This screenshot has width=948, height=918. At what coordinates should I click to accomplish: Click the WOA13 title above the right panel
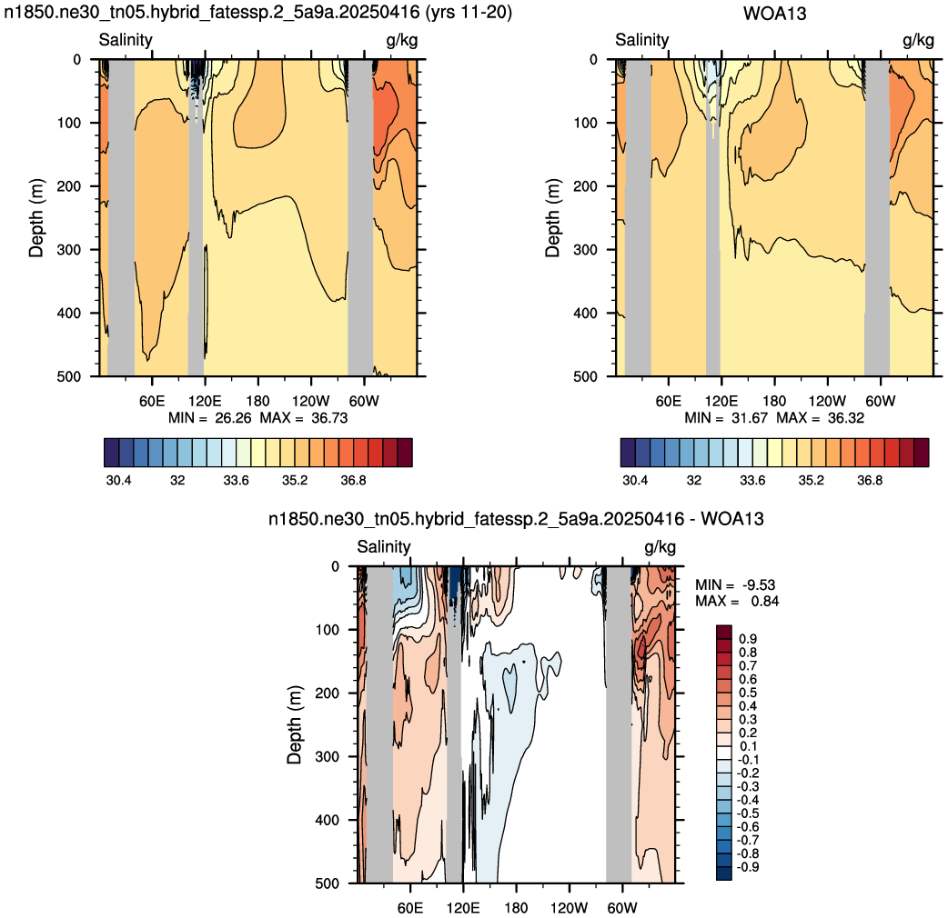(774, 14)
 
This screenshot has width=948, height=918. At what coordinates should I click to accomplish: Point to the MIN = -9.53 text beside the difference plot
(735, 584)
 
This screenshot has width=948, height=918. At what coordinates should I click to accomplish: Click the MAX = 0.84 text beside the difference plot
(737, 601)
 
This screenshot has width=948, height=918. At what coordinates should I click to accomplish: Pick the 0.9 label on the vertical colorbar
(748, 639)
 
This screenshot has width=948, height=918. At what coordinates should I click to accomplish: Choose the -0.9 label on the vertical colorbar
(746, 867)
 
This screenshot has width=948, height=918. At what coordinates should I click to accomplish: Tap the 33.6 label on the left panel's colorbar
(236, 480)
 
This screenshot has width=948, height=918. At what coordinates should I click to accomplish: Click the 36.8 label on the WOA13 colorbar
(870, 480)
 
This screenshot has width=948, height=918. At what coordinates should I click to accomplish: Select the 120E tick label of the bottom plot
(463, 908)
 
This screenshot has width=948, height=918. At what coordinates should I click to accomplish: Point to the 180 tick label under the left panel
(257, 401)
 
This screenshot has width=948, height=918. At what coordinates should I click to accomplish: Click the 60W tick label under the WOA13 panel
(881, 401)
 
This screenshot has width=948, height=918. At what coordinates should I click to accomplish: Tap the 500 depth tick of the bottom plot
(328, 883)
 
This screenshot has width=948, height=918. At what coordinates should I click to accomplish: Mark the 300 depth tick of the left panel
(69, 249)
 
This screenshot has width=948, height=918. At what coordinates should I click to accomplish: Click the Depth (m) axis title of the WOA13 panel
(552, 218)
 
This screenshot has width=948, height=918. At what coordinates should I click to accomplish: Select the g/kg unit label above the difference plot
(661, 547)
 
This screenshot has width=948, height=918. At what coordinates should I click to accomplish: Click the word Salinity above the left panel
(126, 40)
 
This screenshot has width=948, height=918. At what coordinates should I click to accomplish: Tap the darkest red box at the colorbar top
(724, 632)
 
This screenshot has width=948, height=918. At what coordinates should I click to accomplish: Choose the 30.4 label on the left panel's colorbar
(118, 480)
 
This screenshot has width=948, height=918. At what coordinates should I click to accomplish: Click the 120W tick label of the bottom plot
(569, 908)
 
